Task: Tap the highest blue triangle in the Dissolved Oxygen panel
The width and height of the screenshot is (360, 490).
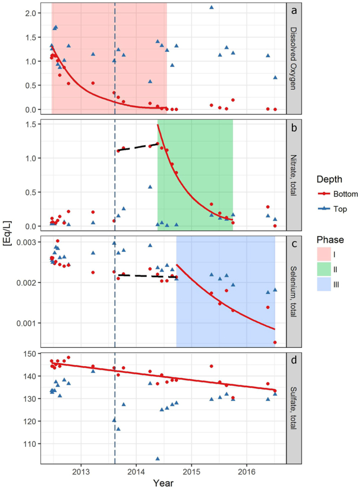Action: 211,8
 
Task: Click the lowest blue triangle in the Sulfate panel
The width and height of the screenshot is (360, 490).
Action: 157,459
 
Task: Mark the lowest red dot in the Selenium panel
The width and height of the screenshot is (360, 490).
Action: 275,343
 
